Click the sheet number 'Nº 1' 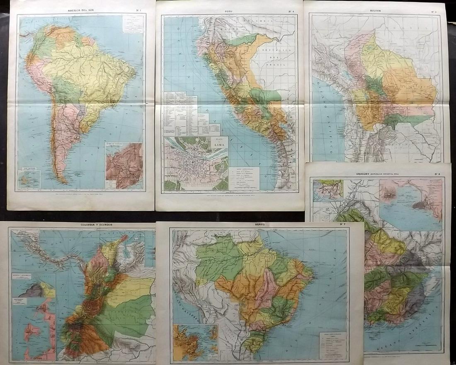137,9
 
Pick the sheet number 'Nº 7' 342,225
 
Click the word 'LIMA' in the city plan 218,144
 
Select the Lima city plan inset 196,163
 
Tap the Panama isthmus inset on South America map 124,165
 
